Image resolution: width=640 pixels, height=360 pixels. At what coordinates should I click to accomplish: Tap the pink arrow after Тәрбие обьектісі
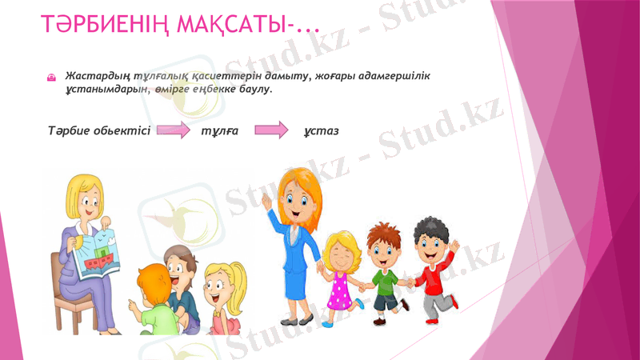click(x=172, y=130)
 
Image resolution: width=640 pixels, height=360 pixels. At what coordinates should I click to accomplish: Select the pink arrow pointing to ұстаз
click(x=270, y=130)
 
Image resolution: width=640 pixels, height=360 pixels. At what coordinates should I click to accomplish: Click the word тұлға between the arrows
click(x=216, y=130)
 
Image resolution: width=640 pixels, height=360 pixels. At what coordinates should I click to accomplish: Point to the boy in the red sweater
click(x=433, y=268)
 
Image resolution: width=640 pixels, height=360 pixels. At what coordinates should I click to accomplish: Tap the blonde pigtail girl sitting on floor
click(x=220, y=296)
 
